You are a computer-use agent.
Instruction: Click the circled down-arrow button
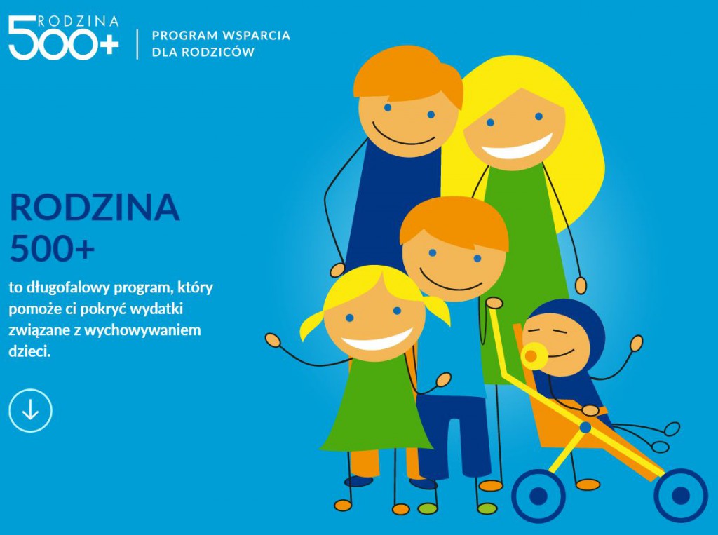coord(30,410)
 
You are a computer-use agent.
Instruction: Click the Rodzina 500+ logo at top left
coord(64,38)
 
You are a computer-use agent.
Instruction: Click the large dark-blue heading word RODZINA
coord(95,208)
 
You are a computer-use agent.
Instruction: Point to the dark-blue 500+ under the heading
coord(52,249)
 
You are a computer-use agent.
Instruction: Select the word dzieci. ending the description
coord(29,351)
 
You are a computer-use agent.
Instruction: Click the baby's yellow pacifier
coord(532,356)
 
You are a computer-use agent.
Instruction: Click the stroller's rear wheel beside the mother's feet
coord(538,496)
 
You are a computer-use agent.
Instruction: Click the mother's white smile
coord(517,147)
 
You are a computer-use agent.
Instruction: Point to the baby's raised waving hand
coord(636,343)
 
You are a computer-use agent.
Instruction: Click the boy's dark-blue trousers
coord(454,438)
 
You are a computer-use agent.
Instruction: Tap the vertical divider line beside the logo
coord(137,44)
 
